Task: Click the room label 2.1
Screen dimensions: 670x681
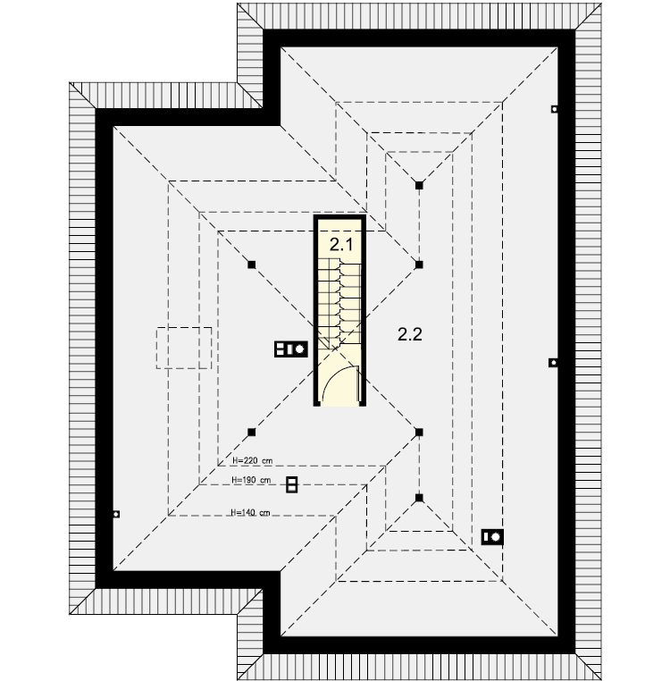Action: point(341,245)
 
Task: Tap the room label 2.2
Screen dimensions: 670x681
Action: point(410,334)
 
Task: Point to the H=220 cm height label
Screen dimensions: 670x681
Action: point(252,460)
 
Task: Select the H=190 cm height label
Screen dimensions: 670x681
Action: point(251,480)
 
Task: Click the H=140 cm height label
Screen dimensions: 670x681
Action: point(250,512)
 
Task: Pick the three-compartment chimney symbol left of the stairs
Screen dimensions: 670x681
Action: point(291,349)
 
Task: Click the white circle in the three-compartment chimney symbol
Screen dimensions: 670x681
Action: point(299,349)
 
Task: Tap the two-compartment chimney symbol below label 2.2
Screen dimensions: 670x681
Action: point(492,537)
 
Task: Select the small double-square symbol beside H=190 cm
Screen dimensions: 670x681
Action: point(292,484)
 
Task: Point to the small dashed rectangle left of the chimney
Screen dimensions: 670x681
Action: point(184,348)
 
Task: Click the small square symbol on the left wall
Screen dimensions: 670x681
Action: point(116,514)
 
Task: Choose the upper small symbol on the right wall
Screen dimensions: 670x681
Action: point(554,109)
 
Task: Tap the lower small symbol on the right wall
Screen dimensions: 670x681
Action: point(553,363)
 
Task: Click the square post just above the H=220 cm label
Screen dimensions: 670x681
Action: point(251,433)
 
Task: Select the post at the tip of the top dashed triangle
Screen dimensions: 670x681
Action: point(419,186)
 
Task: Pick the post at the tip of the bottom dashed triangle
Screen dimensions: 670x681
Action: point(419,498)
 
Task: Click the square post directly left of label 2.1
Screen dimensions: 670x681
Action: point(251,265)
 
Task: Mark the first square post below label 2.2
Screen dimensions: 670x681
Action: point(419,433)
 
